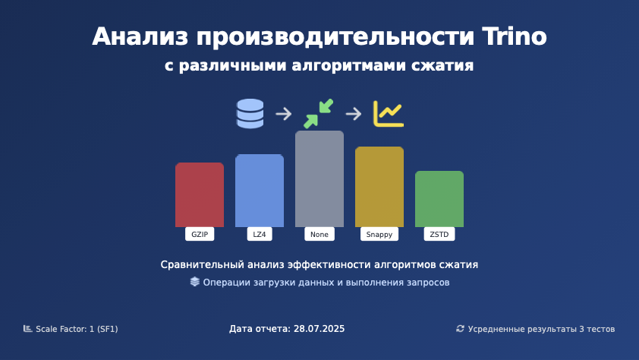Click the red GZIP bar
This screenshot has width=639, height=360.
click(x=200, y=194)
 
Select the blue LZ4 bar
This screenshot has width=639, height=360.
click(x=260, y=191)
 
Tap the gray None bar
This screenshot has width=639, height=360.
click(x=319, y=178)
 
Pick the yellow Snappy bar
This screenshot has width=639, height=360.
click(x=379, y=187)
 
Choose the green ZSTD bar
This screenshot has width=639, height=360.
click(x=439, y=199)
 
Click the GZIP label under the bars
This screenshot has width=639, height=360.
click(x=200, y=234)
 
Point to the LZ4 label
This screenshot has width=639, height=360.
click(x=260, y=234)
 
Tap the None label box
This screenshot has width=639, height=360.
click(x=319, y=234)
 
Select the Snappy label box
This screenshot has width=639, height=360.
click(x=379, y=234)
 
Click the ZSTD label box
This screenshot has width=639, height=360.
click(x=439, y=234)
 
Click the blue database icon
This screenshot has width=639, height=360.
click(x=250, y=113)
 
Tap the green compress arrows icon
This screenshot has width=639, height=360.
click(x=318, y=113)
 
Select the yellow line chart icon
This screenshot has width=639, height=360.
click(x=389, y=114)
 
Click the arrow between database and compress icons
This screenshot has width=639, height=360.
click(x=284, y=114)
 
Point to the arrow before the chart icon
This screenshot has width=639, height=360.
click(x=354, y=114)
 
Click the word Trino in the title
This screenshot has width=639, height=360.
click(x=515, y=36)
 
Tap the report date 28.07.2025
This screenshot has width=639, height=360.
click(x=319, y=329)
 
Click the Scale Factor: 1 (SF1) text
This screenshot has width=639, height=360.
click(x=77, y=329)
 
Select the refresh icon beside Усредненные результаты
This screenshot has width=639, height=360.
click(x=460, y=329)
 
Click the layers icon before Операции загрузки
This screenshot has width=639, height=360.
click(x=195, y=282)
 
